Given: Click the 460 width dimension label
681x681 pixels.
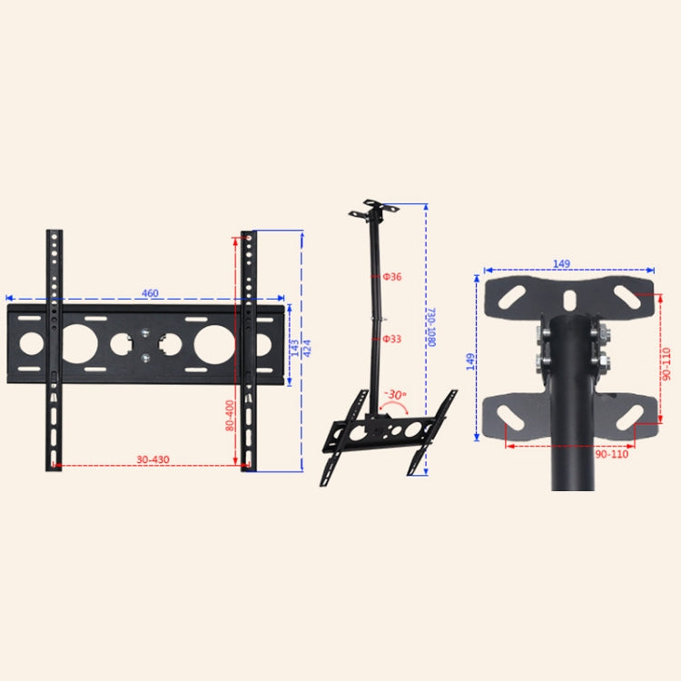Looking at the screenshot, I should click(150, 292).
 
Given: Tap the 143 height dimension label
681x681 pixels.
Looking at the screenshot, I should click(295, 348).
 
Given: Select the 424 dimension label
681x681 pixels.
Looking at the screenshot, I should click(307, 348).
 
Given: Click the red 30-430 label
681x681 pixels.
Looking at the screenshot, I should click(153, 459).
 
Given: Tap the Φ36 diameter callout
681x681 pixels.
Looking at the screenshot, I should click(391, 276).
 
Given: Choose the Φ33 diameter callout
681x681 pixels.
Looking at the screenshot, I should click(391, 339).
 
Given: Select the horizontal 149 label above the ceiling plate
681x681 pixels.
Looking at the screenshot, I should click(561, 264).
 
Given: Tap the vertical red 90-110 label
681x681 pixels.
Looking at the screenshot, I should click(666, 363).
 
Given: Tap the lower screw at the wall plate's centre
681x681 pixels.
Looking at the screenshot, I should click(146, 357).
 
